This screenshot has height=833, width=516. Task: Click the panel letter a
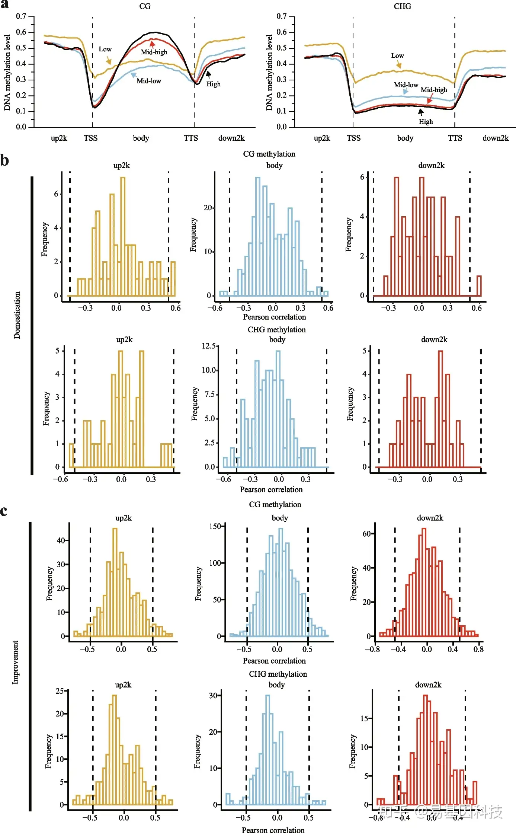pos(4,4)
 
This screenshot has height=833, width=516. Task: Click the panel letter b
pos(4,160)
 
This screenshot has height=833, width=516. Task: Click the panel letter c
pos(4,511)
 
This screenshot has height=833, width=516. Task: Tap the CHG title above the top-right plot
pos(402,6)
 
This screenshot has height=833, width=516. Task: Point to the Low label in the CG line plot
pos(105,49)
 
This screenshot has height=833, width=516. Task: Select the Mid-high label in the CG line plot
pos(154,52)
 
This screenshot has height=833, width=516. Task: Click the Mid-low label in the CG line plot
pos(149,81)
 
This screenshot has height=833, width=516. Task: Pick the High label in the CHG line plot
pos(426,122)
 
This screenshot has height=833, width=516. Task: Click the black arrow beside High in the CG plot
pos(208,74)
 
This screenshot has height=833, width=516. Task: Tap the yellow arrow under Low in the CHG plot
pos(398,65)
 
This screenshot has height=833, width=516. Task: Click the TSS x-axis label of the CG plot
pos(90,138)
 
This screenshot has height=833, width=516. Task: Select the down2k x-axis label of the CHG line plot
pos(495,138)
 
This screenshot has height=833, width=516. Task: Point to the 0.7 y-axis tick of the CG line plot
pos(21,16)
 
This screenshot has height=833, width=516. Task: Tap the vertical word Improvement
pos(15,662)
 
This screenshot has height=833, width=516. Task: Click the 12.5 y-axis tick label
pos(209,346)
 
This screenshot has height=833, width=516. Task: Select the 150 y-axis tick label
pos(215,526)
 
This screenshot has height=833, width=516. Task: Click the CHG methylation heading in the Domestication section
pos(276,330)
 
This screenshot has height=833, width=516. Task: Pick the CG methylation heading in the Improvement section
pos(275,505)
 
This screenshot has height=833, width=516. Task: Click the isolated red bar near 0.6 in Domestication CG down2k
pos(479,286)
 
